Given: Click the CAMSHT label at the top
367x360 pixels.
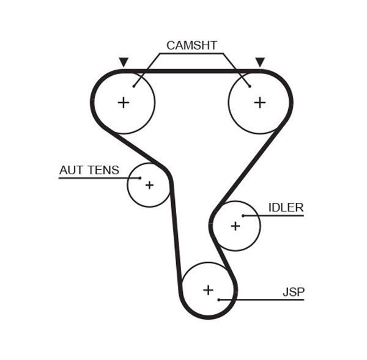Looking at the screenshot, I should coord(191,45).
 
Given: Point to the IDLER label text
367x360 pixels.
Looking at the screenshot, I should coord(286,208).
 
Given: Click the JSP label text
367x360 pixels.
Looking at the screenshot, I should coord(293,292).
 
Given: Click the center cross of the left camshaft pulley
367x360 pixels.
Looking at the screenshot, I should coord(124,102).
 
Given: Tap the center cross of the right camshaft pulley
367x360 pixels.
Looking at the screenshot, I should coord(260,102).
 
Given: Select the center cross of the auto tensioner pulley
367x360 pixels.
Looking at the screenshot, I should coord(149,185).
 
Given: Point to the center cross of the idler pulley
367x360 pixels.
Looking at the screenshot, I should coord(235,226).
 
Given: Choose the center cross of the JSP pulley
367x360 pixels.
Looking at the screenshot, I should coord(208,290).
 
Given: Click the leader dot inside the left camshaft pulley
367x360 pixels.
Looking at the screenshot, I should coord(134,86).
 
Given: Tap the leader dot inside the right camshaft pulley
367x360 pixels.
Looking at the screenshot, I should coord(250,86).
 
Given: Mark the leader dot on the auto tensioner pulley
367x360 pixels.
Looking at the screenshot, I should coord(140,178).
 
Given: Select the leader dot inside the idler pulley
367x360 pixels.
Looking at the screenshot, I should coord(243,216).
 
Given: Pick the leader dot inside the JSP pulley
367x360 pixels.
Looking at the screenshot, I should coord(219,299).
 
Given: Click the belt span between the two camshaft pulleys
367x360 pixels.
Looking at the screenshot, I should coord(191,71).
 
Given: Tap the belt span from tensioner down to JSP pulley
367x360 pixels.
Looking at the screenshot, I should coord(176,232).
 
